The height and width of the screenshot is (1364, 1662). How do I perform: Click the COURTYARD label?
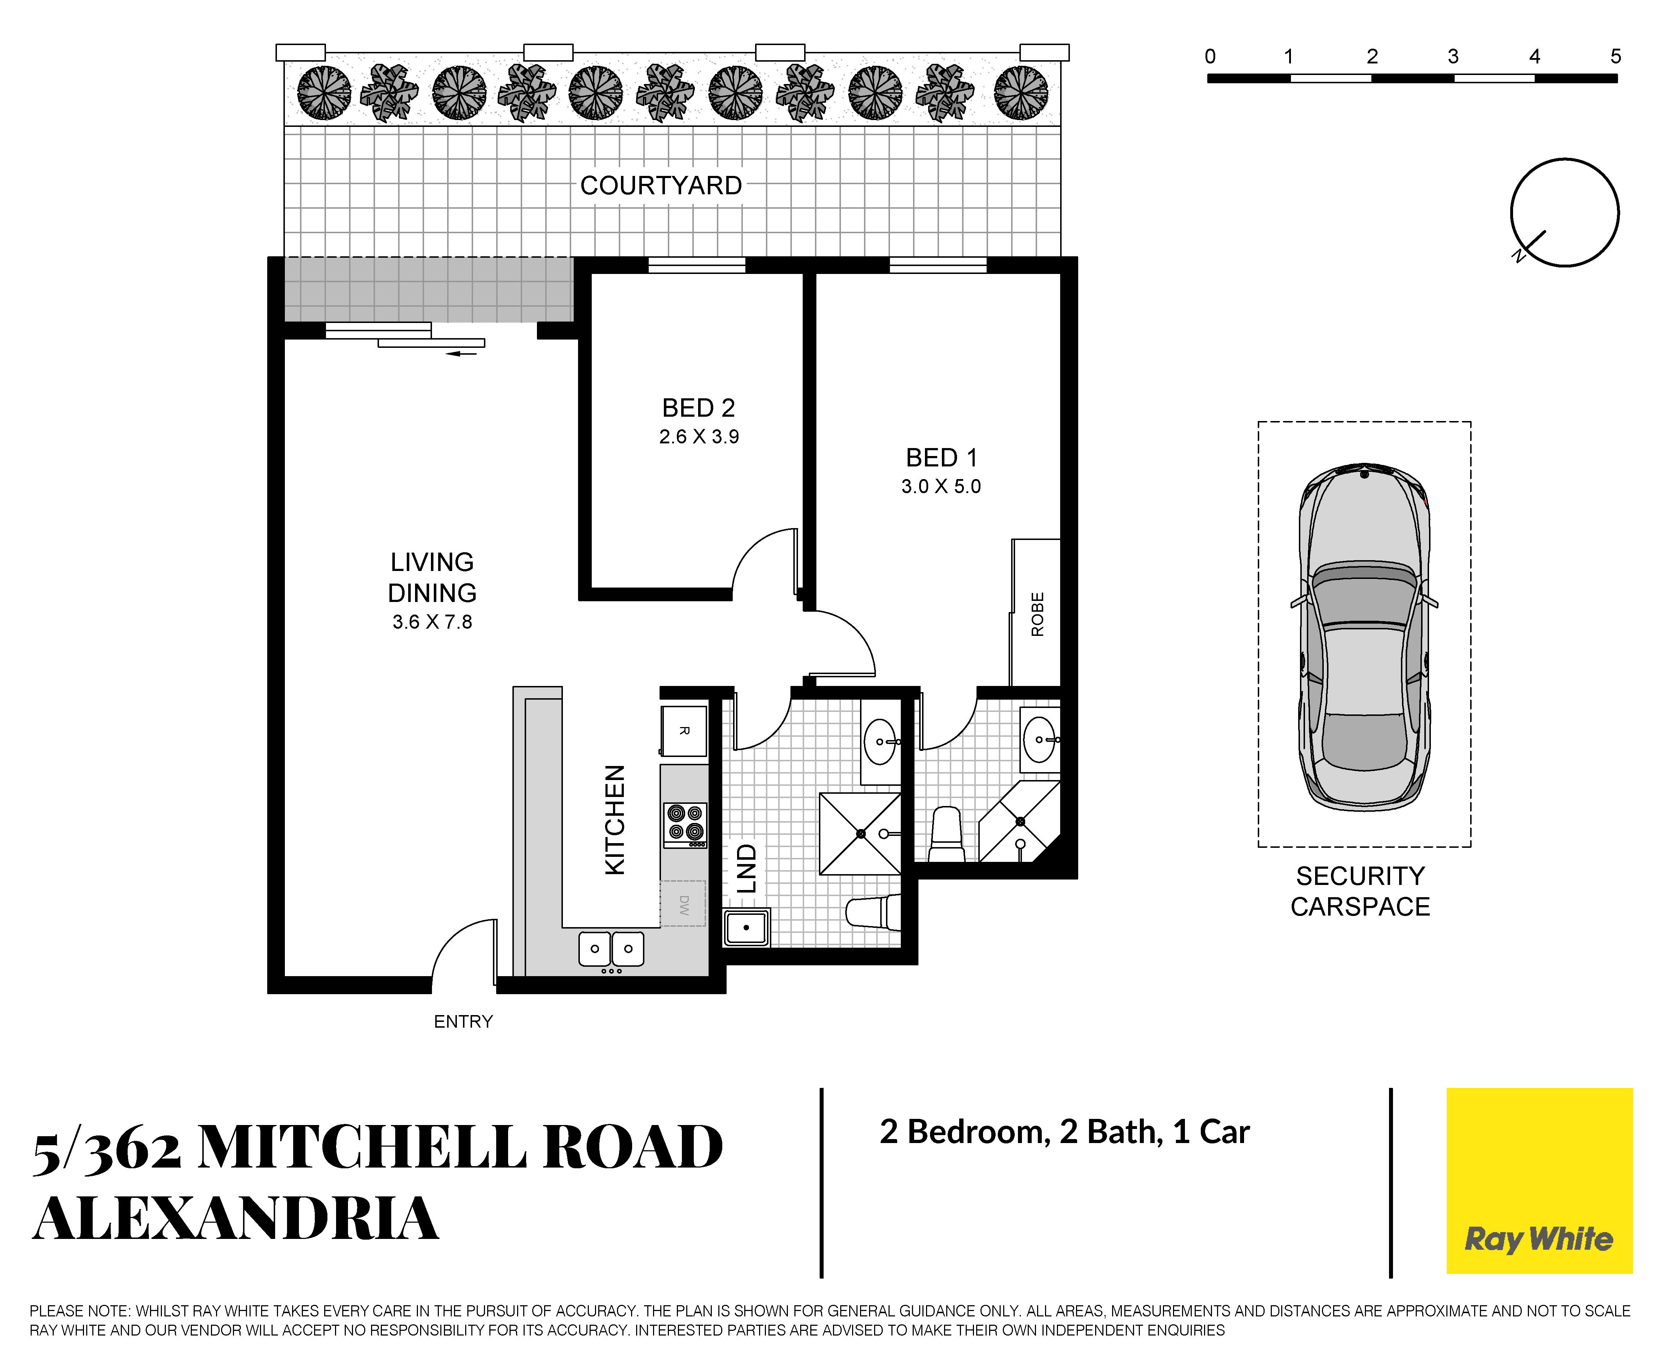click(661, 185)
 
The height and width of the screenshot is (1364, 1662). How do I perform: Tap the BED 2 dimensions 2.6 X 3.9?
click(698, 437)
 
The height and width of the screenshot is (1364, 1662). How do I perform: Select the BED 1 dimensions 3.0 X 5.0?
click(940, 486)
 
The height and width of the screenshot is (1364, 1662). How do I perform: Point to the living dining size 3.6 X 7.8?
click(432, 622)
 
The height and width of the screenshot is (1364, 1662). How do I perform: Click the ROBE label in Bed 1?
click(1037, 615)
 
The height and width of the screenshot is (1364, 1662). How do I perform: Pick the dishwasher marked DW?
click(683, 904)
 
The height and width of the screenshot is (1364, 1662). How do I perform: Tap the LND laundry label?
click(746, 868)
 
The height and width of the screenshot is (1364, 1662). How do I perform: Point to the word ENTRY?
click(464, 1022)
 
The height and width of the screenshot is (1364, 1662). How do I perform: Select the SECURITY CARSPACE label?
click(1360, 891)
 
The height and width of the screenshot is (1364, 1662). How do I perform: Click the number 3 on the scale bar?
click(1453, 57)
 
